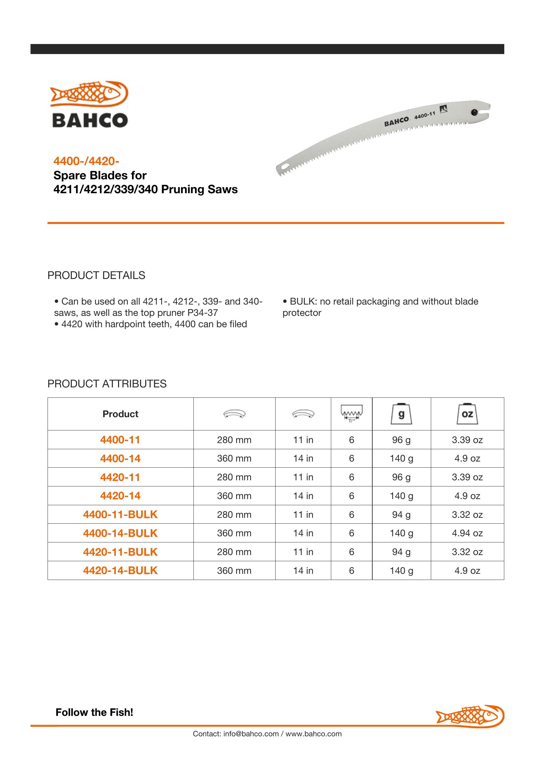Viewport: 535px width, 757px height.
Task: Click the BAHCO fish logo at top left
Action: coord(89,104)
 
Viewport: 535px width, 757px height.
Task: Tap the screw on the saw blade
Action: coord(474,112)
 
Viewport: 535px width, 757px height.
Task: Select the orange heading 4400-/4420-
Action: coord(86,161)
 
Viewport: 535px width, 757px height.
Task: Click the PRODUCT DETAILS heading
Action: coord(96,275)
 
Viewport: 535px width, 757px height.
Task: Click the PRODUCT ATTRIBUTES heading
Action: coord(107,384)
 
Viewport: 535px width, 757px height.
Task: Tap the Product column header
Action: coord(120,414)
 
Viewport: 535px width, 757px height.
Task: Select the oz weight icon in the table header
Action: coord(467,414)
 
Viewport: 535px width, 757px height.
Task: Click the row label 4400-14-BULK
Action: coord(120,533)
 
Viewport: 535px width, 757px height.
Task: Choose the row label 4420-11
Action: coord(120,477)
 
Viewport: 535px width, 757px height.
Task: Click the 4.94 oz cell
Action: coord(467,533)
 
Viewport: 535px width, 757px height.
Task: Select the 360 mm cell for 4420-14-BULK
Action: coord(234,571)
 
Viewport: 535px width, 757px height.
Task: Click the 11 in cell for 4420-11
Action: coord(303,477)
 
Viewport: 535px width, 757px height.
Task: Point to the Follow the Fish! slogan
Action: coord(94,712)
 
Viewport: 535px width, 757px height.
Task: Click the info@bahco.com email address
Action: coord(251,734)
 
